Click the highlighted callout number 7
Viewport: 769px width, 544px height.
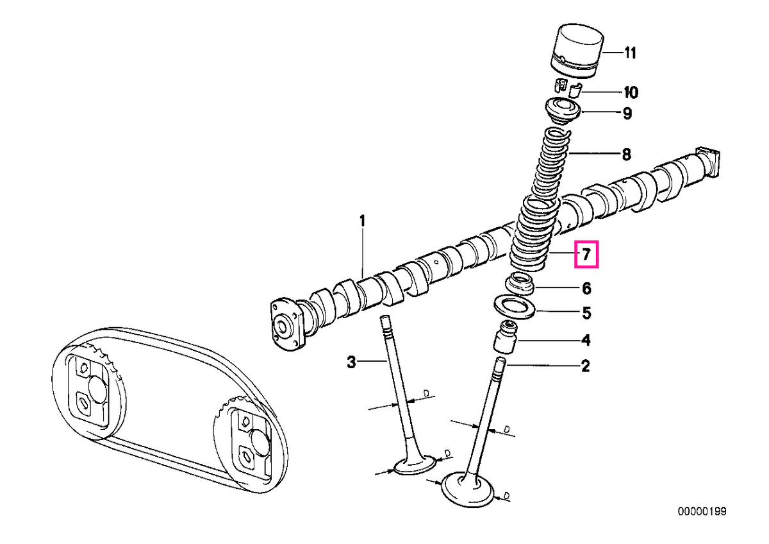coord(586,254)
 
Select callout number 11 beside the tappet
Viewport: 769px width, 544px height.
coord(629,53)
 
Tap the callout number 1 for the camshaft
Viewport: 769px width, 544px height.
coord(362,221)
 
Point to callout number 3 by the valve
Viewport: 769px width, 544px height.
coord(351,362)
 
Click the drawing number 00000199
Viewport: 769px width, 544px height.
coord(702,511)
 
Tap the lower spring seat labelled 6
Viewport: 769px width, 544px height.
coord(520,284)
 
